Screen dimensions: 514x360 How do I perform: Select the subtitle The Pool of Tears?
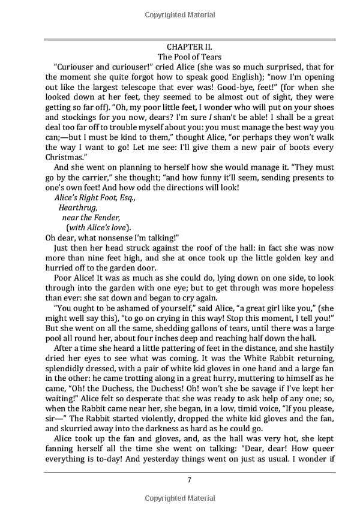(x=188, y=56)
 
